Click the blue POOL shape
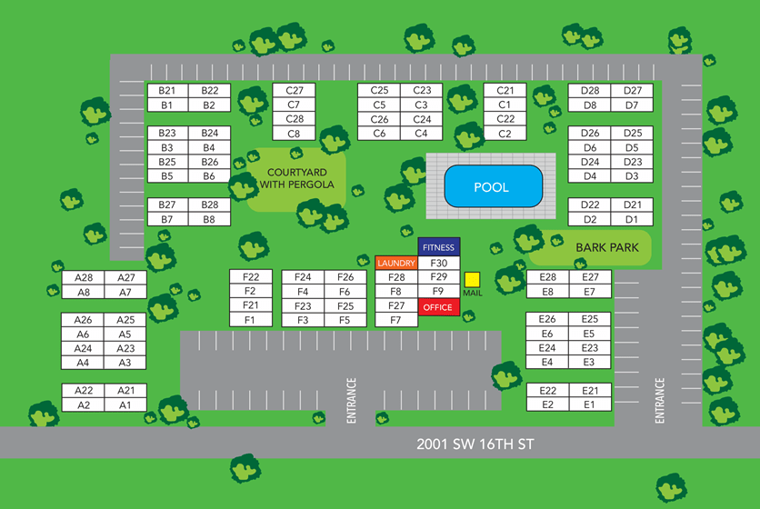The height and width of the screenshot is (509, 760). (x=491, y=186)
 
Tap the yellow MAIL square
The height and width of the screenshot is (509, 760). (x=472, y=280)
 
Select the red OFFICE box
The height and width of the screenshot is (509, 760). (x=437, y=307)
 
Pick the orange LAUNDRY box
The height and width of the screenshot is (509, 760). (x=395, y=263)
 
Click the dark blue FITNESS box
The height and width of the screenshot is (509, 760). (x=438, y=247)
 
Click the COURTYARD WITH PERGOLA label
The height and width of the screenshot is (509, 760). (x=296, y=178)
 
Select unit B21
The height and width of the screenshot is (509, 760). (x=166, y=91)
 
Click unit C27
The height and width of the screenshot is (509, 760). (x=294, y=91)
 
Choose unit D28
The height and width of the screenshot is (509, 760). (x=590, y=91)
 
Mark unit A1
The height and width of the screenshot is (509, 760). (x=125, y=404)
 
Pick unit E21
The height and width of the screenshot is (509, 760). (x=590, y=390)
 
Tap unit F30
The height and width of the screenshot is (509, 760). (x=438, y=263)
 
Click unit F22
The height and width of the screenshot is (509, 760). (x=251, y=277)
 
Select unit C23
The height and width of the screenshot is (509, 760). (x=422, y=91)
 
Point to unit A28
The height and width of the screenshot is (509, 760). (x=84, y=277)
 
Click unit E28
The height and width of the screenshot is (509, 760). (x=547, y=277)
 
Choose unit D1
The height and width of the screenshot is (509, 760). (x=633, y=219)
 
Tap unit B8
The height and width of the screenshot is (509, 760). (x=210, y=219)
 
